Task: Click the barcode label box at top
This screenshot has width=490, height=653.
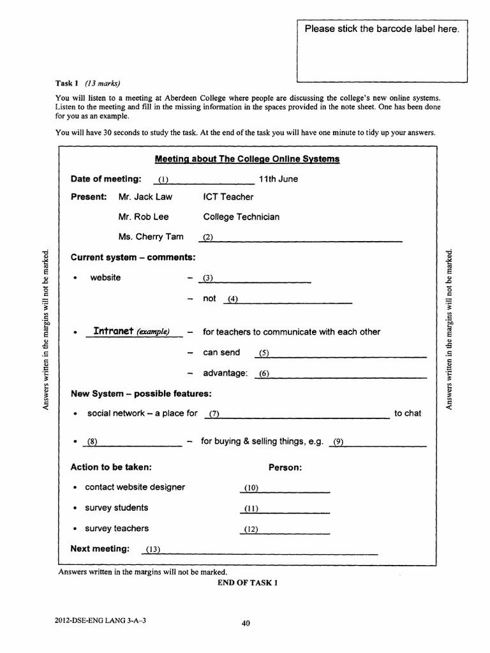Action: pos(382,51)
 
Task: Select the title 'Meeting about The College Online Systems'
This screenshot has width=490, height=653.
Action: pos(248,159)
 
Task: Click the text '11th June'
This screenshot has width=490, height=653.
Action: pos(278,179)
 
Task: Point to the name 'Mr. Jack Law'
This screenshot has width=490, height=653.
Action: pos(145,197)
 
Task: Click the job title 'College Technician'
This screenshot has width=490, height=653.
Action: pos(241,217)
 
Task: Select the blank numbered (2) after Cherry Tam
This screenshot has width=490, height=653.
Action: pos(301,238)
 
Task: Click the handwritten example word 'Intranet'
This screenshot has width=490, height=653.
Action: pos(114,331)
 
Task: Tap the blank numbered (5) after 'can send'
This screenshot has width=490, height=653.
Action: pos(339,354)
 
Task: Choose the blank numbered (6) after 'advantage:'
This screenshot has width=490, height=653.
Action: pos(339,374)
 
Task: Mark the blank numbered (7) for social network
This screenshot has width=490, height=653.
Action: pos(297,415)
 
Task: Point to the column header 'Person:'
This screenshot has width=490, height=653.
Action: pos(285,467)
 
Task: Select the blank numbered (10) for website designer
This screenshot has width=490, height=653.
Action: pos(285,488)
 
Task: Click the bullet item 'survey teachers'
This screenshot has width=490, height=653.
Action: pos(116,529)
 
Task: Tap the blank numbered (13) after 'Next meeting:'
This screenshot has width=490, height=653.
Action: pos(262,550)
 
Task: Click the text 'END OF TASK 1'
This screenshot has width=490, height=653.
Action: pos(248,583)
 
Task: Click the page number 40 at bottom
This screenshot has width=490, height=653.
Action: pos(245,624)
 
